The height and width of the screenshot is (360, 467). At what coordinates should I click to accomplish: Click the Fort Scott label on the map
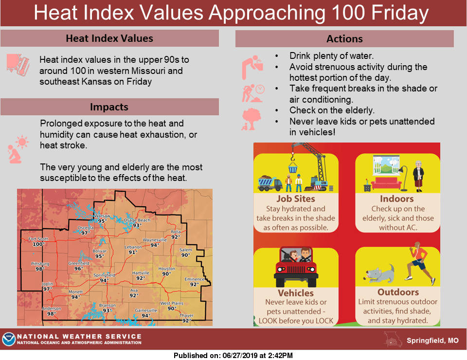click(x=38, y=239)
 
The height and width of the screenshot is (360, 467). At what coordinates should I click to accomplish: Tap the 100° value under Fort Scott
click(x=38, y=244)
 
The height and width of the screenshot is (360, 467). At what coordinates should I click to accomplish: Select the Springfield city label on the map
click(x=104, y=275)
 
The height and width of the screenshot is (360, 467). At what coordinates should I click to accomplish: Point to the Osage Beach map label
click(x=137, y=220)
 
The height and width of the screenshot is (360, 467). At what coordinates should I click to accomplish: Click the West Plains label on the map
click(x=172, y=303)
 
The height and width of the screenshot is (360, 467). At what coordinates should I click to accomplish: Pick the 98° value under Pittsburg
click(x=40, y=269)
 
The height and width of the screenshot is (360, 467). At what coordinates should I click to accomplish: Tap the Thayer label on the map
click(x=186, y=315)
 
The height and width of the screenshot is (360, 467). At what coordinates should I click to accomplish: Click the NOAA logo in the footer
click(x=9, y=339)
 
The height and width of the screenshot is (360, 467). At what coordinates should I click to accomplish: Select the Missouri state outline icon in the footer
click(x=393, y=340)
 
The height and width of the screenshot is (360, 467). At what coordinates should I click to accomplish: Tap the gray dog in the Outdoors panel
click(x=379, y=274)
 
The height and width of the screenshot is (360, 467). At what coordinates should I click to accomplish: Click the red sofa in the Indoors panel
click(x=386, y=183)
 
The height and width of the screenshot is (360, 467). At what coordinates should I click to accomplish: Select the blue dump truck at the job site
click(x=270, y=183)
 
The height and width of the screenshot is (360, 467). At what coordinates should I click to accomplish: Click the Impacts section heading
click(x=109, y=107)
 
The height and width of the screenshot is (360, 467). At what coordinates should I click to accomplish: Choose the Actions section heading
click(x=344, y=39)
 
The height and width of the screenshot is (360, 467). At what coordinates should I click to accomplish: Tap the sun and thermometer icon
click(x=18, y=64)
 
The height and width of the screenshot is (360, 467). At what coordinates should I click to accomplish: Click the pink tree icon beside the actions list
click(x=251, y=119)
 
